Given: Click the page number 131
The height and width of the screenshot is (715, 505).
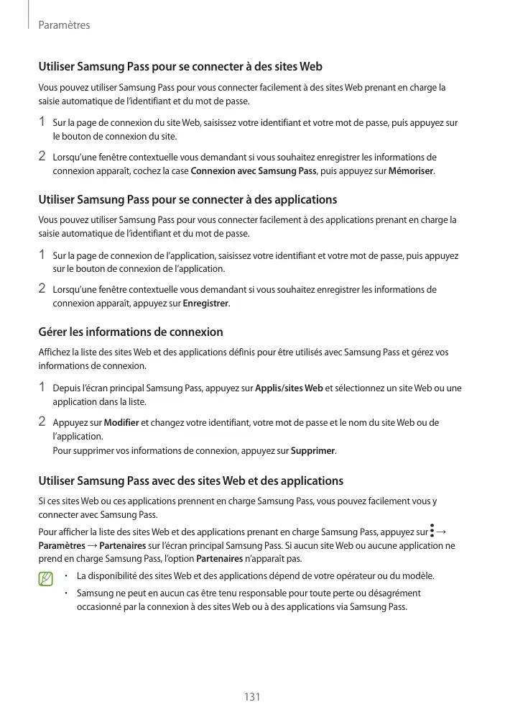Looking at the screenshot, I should pos(252,696).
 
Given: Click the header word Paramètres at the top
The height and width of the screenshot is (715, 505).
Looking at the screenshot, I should pos(64,25).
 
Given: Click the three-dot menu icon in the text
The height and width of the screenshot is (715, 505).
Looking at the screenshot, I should pos(432,532).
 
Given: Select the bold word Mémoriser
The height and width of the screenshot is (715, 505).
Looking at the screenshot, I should pos(411,171).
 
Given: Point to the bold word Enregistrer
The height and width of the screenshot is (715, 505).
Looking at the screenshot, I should pos(206,303).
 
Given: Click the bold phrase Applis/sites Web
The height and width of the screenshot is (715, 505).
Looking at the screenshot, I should pos(289,388).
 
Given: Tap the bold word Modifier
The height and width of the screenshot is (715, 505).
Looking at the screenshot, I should pos(121,422).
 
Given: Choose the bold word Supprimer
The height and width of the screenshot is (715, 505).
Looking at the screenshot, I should pos(312,451).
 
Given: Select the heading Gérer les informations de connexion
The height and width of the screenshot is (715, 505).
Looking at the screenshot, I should pos(130,332).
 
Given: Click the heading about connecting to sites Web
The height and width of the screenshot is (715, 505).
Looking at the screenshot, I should pos(180,67).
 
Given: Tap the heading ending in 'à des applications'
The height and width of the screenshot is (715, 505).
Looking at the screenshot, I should pos(187,199).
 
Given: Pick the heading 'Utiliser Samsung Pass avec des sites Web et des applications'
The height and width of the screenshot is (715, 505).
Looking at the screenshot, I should pos(190,481).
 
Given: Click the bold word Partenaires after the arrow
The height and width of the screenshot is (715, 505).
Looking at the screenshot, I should pos(124,545).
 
